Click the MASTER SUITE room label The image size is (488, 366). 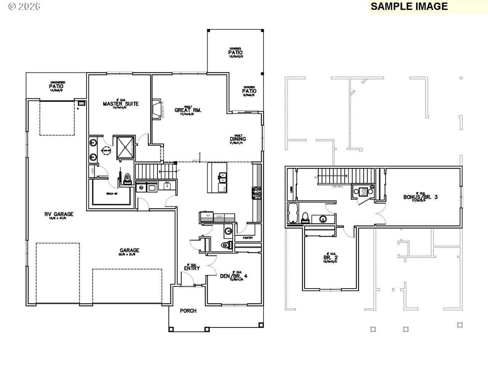tap(120, 104)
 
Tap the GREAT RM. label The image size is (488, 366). tap(188, 110)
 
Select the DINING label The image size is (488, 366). tap(238, 139)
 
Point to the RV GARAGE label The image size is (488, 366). tap(59, 214)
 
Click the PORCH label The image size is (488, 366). tap(188, 311)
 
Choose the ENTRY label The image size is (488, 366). tap(192, 268)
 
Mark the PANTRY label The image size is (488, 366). tap(248, 238)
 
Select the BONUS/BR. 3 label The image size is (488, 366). tap(421, 197)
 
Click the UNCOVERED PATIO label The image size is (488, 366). tap(56, 86)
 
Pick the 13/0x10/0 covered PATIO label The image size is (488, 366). tap(235, 52)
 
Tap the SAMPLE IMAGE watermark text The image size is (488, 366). tap(409, 6)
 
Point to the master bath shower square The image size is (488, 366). tap(124, 146)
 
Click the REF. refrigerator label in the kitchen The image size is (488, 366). tap(209, 216)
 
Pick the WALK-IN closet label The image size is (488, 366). tap(111, 194)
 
